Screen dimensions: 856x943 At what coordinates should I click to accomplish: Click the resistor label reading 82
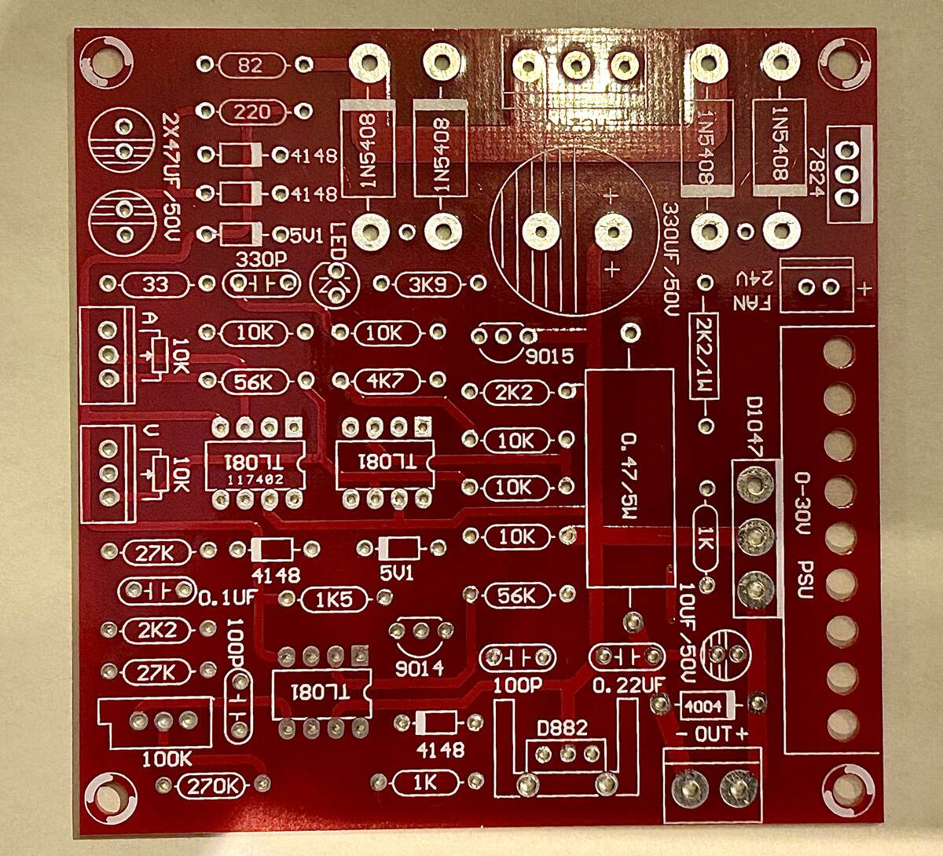click(251, 66)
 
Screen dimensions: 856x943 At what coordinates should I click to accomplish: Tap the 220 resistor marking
click(251, 112)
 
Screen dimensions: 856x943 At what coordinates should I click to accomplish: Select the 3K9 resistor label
click(429, 284)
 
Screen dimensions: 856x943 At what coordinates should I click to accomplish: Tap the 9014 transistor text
click(420, 668)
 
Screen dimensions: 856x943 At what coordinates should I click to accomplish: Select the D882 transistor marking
click(563, 729)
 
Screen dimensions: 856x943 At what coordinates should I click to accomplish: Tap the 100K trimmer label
click(167, 759)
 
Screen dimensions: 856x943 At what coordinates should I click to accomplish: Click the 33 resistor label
click(156, 284)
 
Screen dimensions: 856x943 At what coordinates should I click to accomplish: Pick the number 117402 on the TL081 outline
click(255, 477)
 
